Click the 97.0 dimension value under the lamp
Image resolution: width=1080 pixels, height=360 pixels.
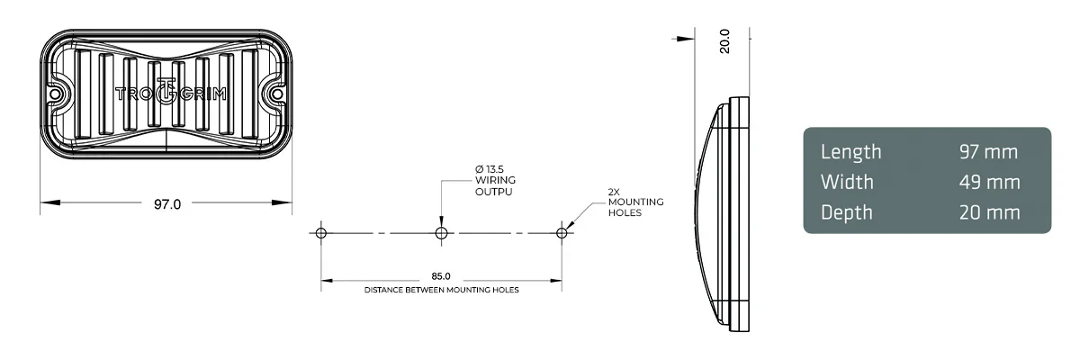(x=166, y=204)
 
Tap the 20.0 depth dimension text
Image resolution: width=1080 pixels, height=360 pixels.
(x=725, y=41)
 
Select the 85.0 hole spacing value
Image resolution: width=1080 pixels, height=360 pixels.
(x=441, y=275)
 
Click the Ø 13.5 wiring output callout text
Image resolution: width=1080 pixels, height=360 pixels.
(x=494, y=180)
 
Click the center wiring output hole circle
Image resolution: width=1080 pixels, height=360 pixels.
(x=441, y=233)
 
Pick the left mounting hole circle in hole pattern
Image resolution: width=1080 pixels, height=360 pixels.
(x=321, y=233)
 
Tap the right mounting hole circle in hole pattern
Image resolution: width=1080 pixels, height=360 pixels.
(x=562, y=233)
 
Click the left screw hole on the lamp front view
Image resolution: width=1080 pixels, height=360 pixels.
(x=56, y=94)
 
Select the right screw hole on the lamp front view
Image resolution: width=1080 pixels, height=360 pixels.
(x=275, y=94)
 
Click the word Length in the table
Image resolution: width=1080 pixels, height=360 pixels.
(x=850, y=152)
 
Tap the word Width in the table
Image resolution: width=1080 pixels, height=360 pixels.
(x=847, y=183)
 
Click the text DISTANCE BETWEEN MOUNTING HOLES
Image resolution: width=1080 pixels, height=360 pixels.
(x=441, y=291)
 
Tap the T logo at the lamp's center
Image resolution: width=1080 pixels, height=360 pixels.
(x=166, y=93)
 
